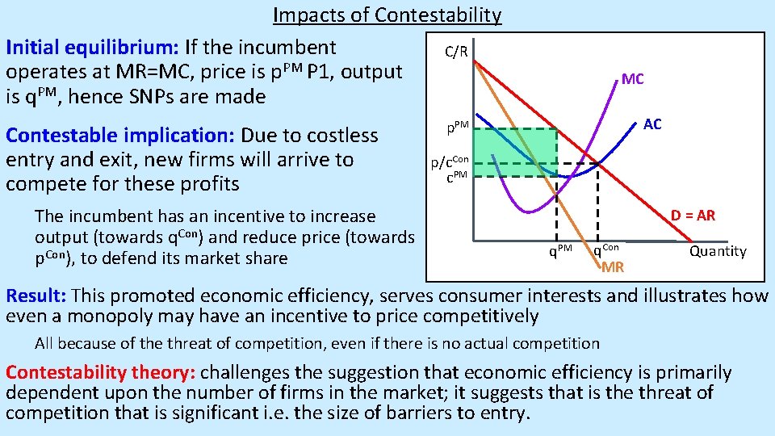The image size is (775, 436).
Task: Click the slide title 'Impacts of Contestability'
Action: (x=387, y=15)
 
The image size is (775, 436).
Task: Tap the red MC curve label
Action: (x=632, y=79)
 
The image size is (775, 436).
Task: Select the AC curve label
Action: (x=652, y=124)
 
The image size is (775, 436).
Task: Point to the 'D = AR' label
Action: (x=693, y=216)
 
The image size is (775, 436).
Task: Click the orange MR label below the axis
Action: (x=613, y=266)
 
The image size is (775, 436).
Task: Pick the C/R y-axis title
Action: (x=456, y=52)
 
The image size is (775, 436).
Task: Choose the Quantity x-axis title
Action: (x=717, y=251)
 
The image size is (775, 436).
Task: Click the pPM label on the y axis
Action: (x=458, y=128)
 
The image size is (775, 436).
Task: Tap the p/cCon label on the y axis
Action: (x=449, y=161)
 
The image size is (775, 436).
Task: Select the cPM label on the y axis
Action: (x=457, y=176)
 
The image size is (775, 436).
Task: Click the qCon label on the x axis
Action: (x=606, y=250)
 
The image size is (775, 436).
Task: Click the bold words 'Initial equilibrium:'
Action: (x=92, y=48)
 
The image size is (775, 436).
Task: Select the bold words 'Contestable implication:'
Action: (x=120, y=135)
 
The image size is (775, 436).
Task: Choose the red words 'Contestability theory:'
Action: (x=100, y=373)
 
